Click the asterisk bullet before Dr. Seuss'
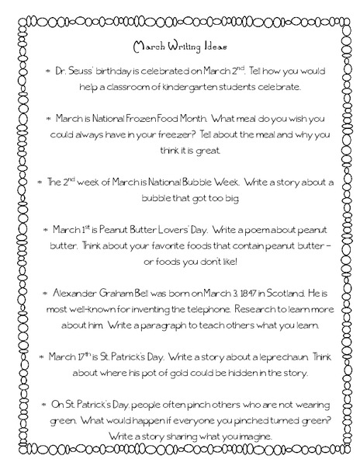coord(49,71)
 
